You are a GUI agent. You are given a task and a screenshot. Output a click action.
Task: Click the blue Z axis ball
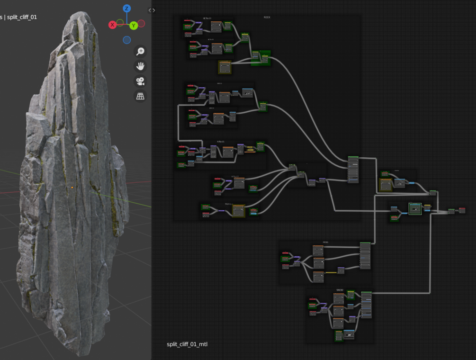coord(127,9)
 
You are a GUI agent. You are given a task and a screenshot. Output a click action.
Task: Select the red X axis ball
coord(113,25)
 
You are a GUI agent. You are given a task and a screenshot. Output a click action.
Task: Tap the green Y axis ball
coord(134,25)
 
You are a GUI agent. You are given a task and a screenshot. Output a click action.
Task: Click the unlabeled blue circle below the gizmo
coord(126,40)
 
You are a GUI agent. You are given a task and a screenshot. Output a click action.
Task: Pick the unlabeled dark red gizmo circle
coord(141,23)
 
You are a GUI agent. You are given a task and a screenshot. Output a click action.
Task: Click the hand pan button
coord(140,66)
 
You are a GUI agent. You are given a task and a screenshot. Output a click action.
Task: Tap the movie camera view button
coord(140,81)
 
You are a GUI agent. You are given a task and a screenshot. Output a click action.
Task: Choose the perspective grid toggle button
coord(140,96)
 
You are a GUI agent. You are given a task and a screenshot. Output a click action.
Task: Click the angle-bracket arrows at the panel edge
coord(152,10)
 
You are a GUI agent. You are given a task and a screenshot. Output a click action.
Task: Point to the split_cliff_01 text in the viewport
coord(22,17)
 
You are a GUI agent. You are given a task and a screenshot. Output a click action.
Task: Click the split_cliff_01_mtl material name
coord(187,344)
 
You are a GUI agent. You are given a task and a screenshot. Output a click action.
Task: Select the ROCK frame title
coord(267,18)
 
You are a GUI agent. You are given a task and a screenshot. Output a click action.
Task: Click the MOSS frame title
coord(325,243)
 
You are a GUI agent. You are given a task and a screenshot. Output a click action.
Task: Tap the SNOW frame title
coord(340,290)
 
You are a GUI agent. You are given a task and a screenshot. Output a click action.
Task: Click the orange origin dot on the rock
coord(72,188)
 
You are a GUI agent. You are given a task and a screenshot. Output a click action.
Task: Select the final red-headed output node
coord(462,210)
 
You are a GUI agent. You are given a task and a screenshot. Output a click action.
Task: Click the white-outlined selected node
coord(415,209)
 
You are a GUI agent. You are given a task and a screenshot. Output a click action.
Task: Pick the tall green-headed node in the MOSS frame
coord(365,256)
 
